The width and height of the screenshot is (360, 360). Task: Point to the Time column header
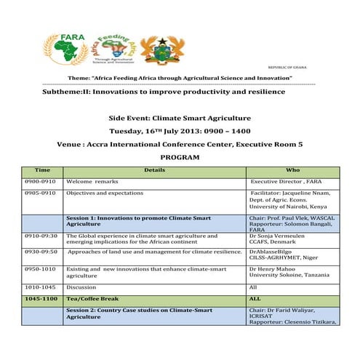(43, 169)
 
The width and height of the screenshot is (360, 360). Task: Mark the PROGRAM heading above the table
(179, 157)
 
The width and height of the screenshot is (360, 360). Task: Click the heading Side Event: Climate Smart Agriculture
(180, 117)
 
